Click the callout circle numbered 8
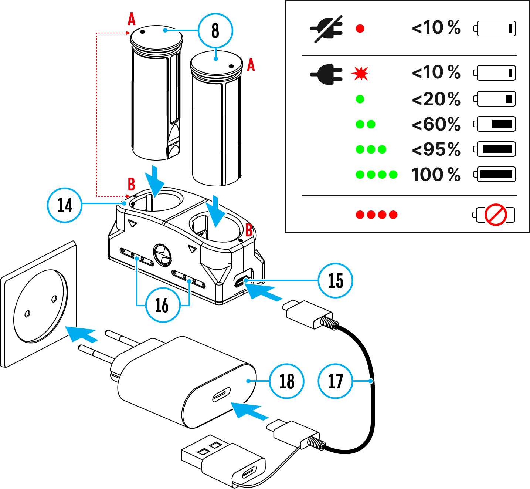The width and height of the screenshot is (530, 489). pyautogui.click(x=215, y=31)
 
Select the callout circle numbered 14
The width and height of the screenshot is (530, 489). pyautogui.click(x=65, y=205)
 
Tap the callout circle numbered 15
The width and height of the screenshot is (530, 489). pyautogui.click(x=336, y=281)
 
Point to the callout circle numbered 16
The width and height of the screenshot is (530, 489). pyautogui.click(x=163, y=305)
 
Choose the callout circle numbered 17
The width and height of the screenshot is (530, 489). pyautogui.click(x=336, y=381)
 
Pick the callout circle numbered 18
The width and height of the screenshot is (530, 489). pyautogui.click(x=287, y=381)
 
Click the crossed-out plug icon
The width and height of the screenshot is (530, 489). pyautogui.click(x=326, y=29)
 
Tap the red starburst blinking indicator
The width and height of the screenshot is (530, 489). pyautogui.click(x=360, y=74)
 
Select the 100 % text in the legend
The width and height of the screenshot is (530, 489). pyautogui.click(x=436, y=175)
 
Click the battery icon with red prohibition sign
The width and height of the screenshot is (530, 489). pyautogui.click(x=494, y=215)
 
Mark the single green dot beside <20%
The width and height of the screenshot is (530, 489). pyautogui.click(x=360, y=99)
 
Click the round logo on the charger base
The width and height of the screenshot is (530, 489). pyautogui.click(x=162, y=255)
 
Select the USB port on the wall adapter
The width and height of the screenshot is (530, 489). pyautogui.click(x=221, y=394)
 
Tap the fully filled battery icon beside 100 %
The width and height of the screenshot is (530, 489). pyautogui.click(x=495, y=175)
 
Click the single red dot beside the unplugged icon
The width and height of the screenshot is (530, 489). pyautogui.click(x=360, y=28)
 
